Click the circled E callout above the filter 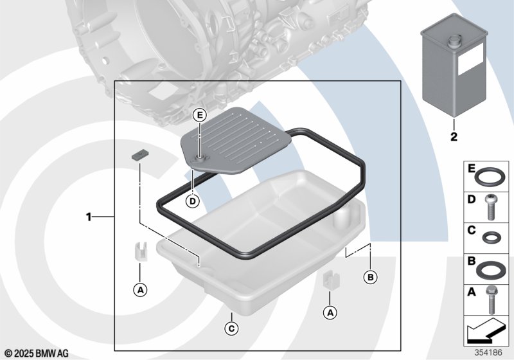pyautogui.click(x=200, y=116)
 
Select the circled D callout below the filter pyautogui.click(x=191, y=202)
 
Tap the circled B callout pyautogui.click(x=370, y=277)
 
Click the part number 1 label pyautogui.click(x=89, y=217)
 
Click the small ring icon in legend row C pyautogui.click(x=492, y=235)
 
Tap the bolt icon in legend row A pyautogui.click(x=492, y=297)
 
